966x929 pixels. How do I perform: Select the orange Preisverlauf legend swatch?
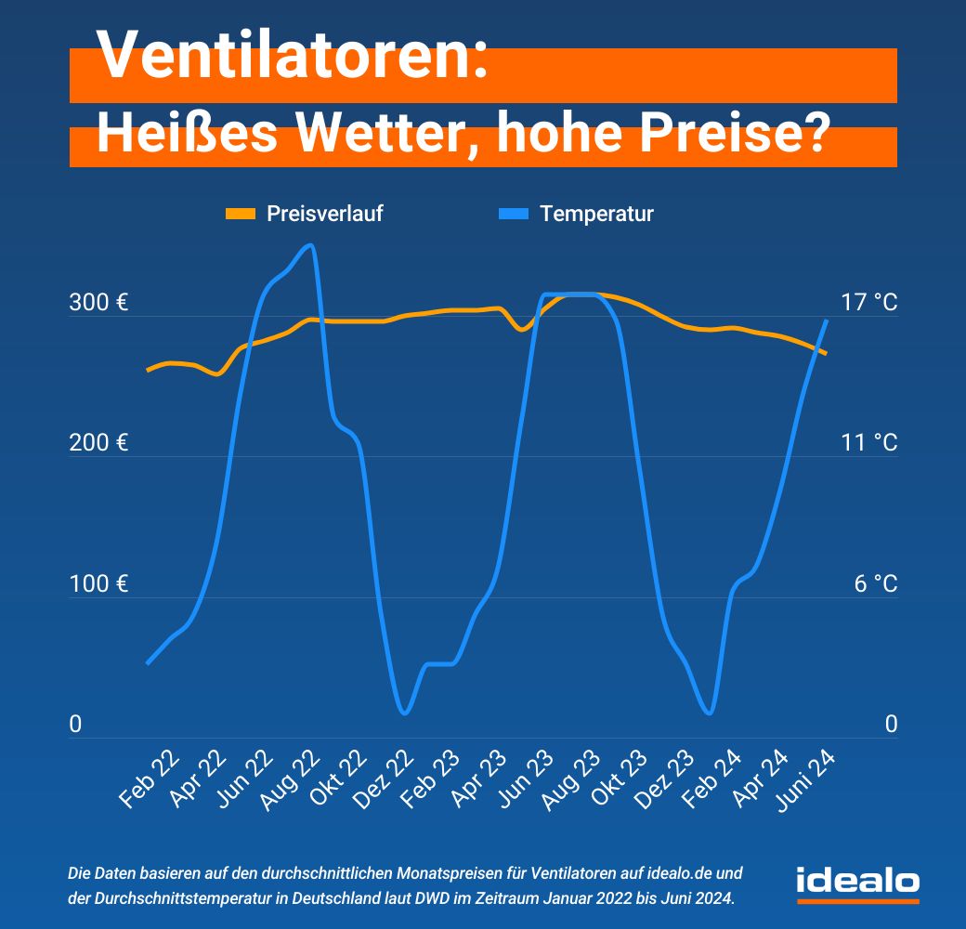point(241,215)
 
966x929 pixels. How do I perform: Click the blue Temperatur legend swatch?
point(513,215)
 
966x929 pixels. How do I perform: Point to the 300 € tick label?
point(98,303)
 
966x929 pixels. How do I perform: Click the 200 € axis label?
point(98,443)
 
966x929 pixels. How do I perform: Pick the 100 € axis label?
point(98,584)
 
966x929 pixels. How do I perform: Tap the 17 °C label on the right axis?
point(868,303)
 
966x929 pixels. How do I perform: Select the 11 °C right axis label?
point(868,443)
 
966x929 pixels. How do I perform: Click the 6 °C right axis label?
point(874,584)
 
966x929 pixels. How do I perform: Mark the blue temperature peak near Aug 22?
point(310,245)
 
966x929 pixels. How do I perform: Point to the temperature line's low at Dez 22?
point(403,713)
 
